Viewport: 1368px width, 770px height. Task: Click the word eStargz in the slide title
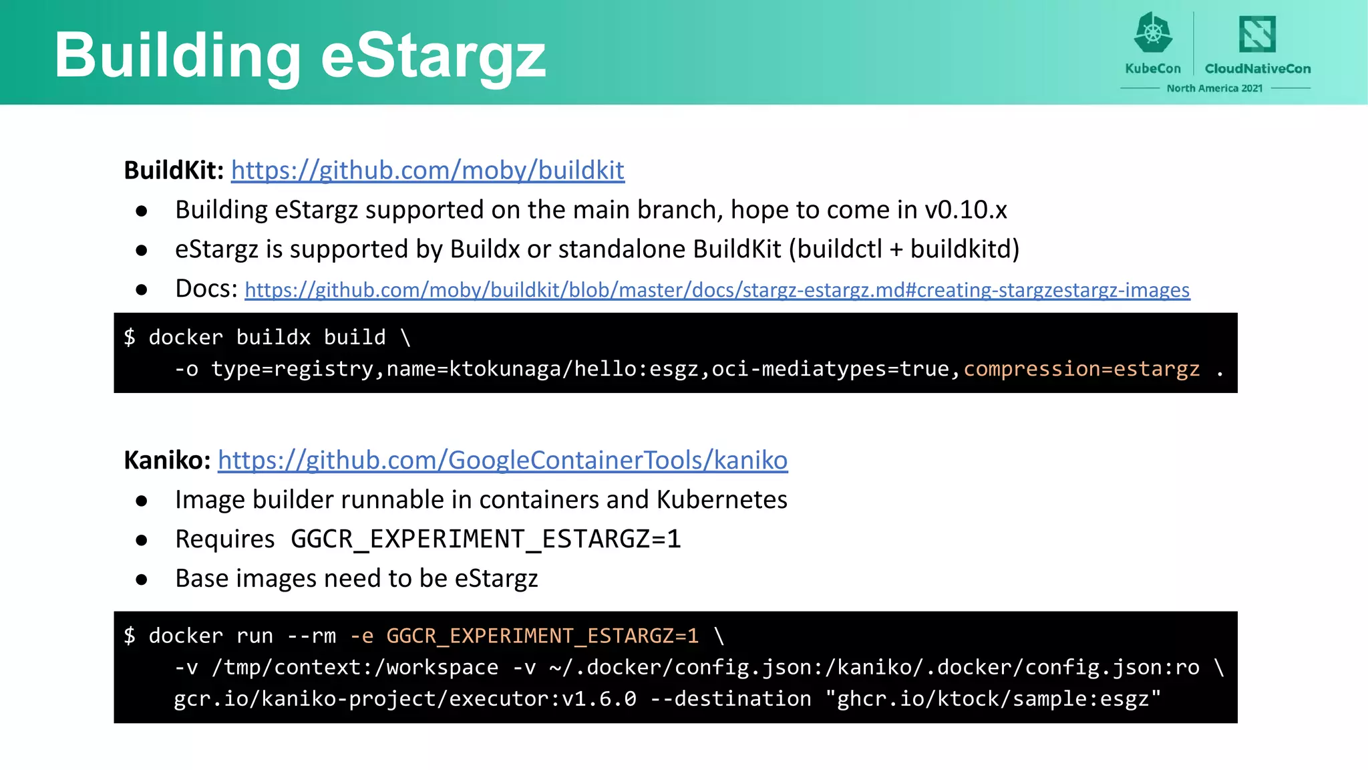pos(433,56)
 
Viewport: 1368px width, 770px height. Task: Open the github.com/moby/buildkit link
pos(427,170)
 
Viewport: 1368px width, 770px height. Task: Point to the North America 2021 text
pos(1214,88)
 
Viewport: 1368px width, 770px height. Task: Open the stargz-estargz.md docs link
pos(717,290)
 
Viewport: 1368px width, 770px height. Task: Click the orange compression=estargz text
pos(1081,369)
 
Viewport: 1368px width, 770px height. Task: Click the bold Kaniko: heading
pos(167,461)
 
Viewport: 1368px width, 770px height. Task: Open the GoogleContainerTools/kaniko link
pos(502,461)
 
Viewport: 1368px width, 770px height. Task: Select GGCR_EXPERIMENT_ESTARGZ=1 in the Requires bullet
pos(486,539)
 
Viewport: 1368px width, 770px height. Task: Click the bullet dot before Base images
pos(141,580)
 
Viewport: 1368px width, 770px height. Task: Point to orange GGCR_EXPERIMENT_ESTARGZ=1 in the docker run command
pos(542,636)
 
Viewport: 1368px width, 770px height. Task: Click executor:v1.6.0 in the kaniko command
pos(542,698)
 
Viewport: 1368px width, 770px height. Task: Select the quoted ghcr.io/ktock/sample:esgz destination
pos(993,698)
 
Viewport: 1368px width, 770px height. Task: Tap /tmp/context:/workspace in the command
pos(355,667)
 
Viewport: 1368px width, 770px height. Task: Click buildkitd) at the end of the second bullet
pos(965,249)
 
